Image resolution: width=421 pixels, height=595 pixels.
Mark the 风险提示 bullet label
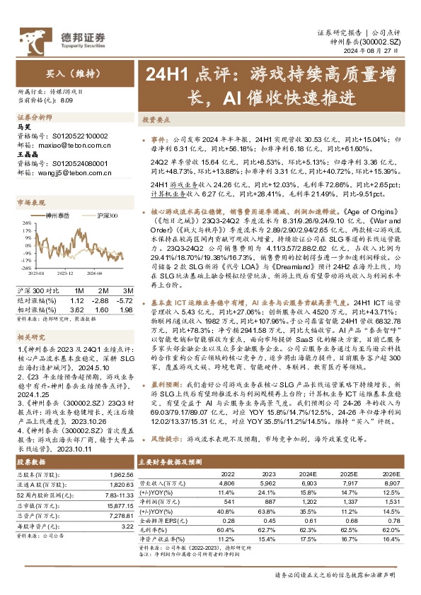click(x=168, y=439)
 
